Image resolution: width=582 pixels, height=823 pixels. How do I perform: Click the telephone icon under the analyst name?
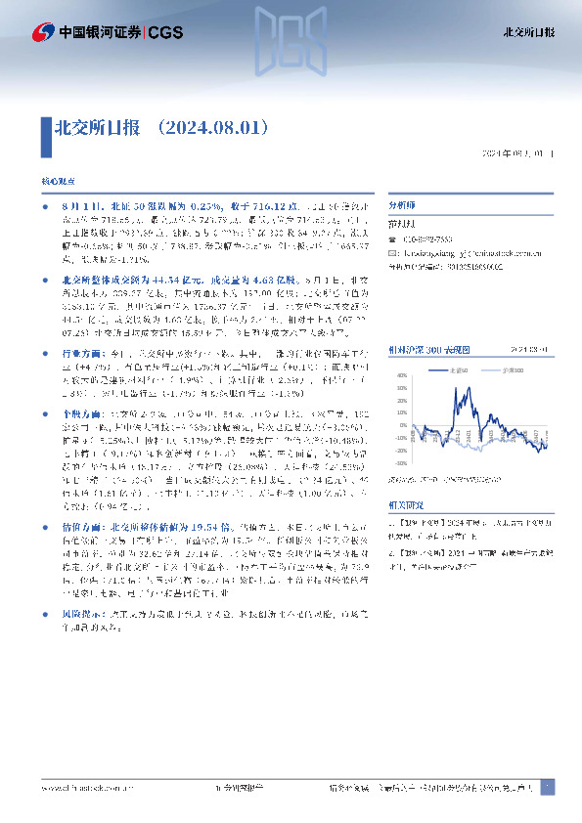tap(393, 239)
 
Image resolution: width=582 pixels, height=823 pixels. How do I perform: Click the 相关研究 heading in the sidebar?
tap(405, 507)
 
